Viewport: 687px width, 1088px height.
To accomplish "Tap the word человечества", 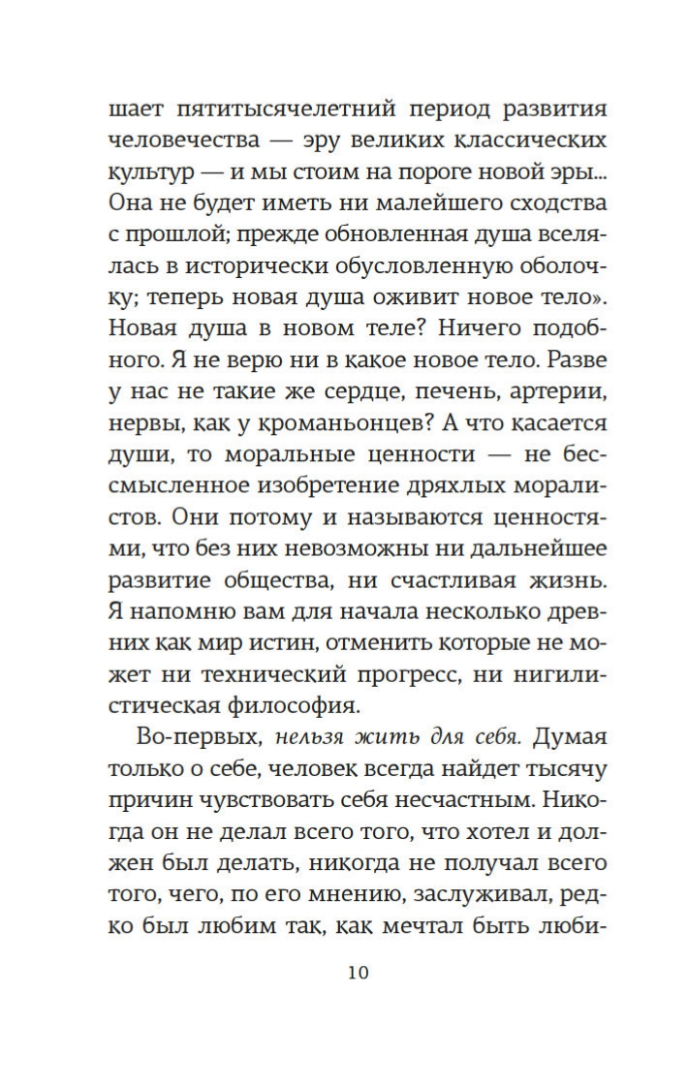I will coord(184,140).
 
